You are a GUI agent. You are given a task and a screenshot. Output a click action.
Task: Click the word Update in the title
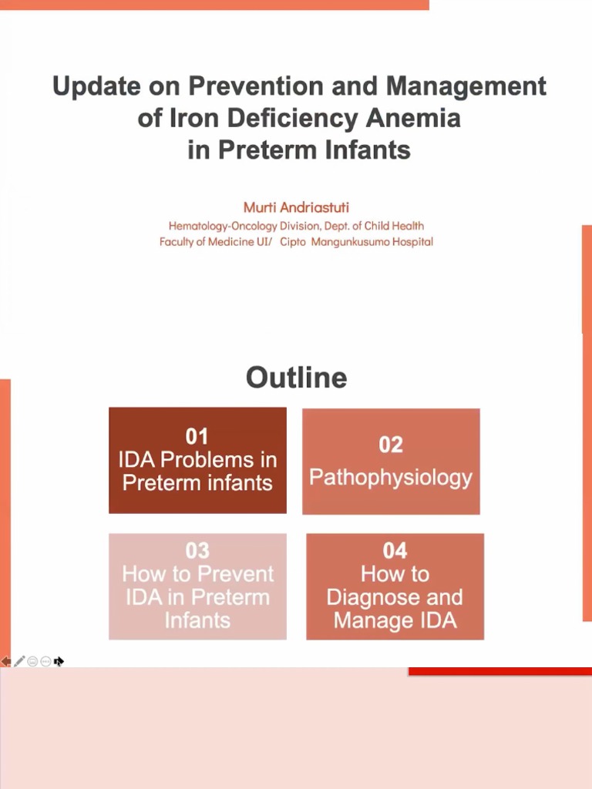pyautogui.click(x=92, y=86)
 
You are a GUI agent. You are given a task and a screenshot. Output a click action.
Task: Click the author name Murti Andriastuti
pyautogui.click(x=296, y=207)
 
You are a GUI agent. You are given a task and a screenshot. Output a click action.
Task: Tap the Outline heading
pyautogui.click(x=296, y=378)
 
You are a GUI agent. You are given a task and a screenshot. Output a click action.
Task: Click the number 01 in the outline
pyautogui.click(x=197, y=436)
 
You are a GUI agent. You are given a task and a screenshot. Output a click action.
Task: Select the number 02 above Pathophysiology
pyautogui.click(x=391, y=445)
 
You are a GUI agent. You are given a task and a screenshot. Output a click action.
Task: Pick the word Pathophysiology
pyautogui.click(x=391, y=478)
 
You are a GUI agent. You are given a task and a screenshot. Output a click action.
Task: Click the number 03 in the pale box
pyautogui.click(x=197, y=550)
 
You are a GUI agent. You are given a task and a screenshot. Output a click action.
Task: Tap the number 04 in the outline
pyautogui.click(x=395, y=550)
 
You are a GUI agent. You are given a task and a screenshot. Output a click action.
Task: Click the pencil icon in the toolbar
pyautogui.click(x=19, y=661)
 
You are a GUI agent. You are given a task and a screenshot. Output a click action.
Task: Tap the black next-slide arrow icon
pyautogui.click(x=59, y=661)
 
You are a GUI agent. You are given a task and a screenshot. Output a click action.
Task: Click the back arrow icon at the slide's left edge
pyautogui.click(x=5, y=661)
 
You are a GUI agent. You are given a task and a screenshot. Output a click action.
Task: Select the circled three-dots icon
pyautogui.click(x=45, y=661)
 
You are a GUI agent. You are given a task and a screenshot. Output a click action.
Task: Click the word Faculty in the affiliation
pyautogui.click(x=178, y=242)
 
